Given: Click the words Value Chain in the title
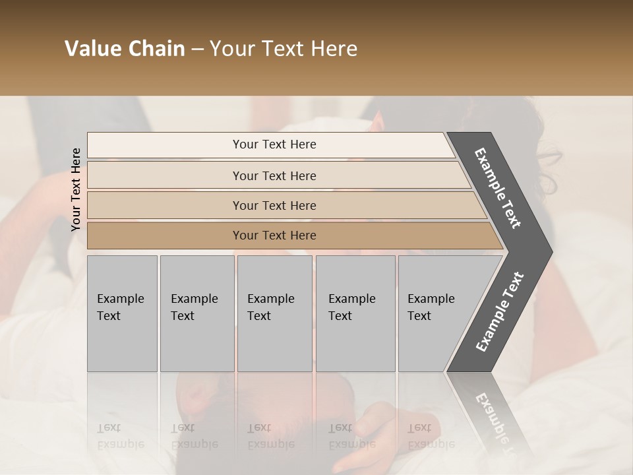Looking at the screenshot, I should coord(125,49).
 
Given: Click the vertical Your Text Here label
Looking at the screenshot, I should coord(76,189).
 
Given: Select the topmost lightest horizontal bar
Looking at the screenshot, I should coord(165,145).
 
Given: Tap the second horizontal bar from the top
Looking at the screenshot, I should coord(165,175).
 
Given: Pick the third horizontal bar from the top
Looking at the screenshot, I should coord(165,205).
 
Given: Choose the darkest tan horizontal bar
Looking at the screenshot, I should coord(165,236).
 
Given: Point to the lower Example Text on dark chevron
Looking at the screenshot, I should coord(500,312).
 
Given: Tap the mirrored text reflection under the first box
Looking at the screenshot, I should coord(120,436).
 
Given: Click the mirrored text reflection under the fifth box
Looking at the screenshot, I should coord(431,436).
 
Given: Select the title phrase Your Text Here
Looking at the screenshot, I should coord(284,49).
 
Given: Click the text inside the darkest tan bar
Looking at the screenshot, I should coord(274,236).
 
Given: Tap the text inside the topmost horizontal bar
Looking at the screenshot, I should coord(274,144).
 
